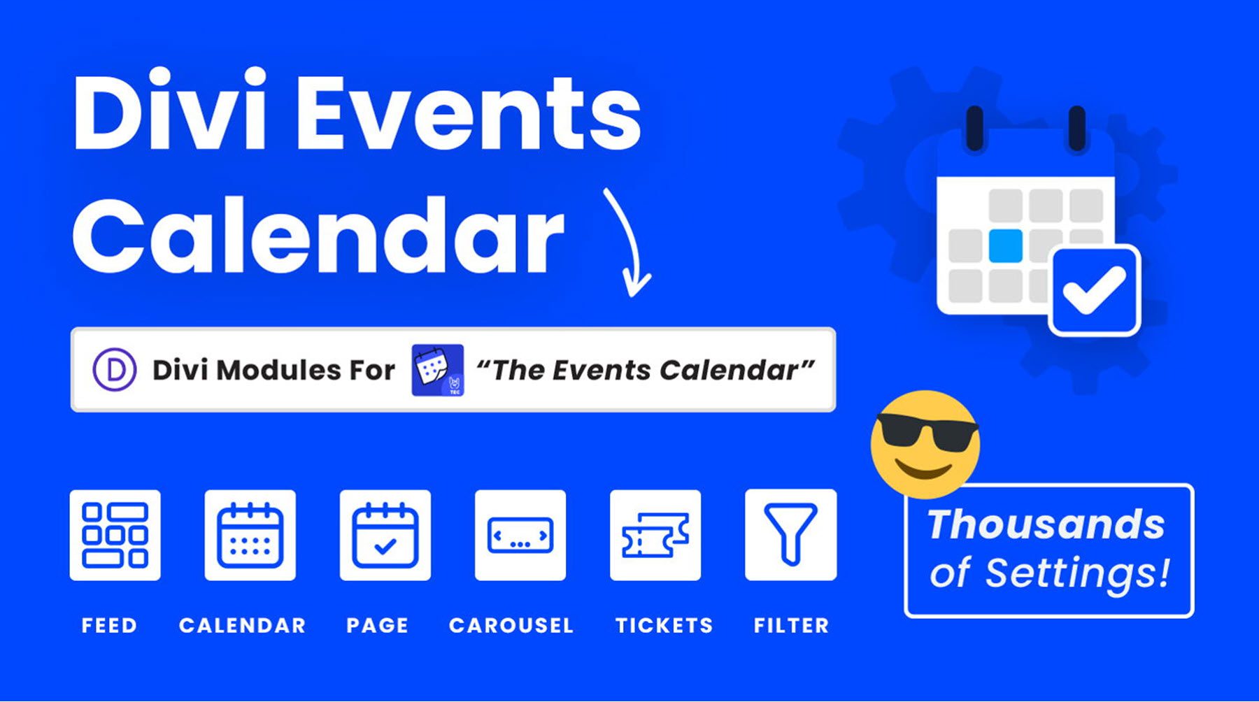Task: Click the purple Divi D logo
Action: pos(114,370)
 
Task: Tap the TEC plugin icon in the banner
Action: pos(437,370)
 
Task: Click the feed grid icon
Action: pos(115,535)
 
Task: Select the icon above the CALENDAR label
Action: pos(250,535)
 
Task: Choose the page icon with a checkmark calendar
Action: pos(385,535)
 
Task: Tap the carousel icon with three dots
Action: pos(520,535)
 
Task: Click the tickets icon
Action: pos(655,535)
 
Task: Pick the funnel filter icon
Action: pos(790,535)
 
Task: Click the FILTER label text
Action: pos(790,625)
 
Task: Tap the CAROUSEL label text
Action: pos(511,625)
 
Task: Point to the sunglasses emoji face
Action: pos(925,443)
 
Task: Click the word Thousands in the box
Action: pos(1046,524)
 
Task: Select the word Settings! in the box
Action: pos(1077,573)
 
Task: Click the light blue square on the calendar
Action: pos(1005,245)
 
